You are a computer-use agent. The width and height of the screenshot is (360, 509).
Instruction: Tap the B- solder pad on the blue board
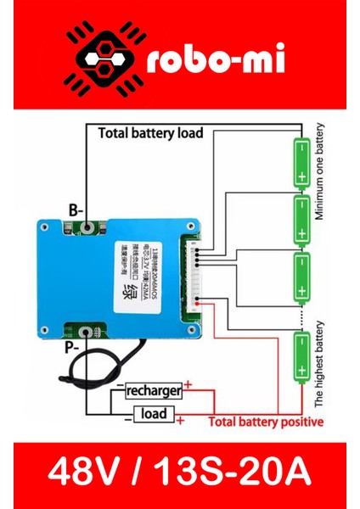click(88, 227)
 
